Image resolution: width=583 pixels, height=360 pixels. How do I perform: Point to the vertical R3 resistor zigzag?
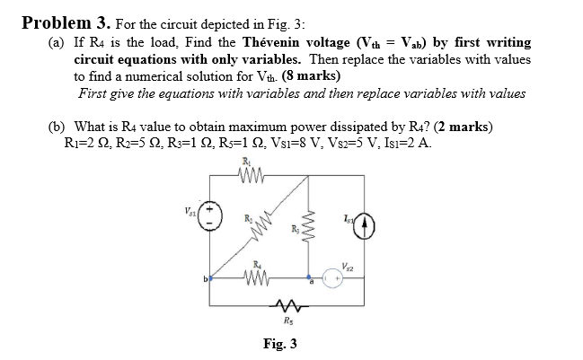[x=309, y=231]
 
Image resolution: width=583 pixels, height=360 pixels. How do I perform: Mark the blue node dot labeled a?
[x=308, y=278]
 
